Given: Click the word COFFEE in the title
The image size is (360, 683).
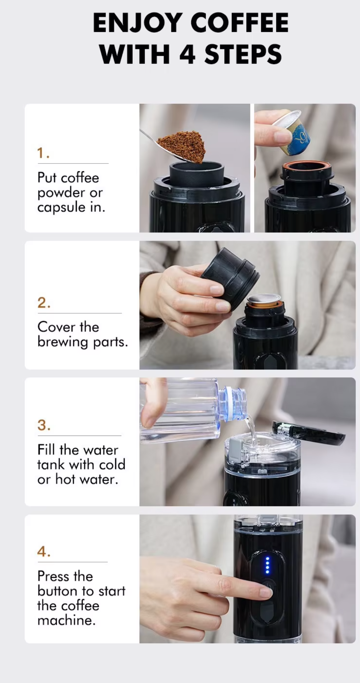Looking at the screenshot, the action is [x=239, y=23].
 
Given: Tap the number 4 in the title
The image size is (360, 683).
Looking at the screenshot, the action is [x=187, y=54].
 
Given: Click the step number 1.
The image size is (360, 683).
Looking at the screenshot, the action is [x=43, y=153].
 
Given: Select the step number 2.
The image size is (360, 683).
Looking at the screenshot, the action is [x=44, y=303].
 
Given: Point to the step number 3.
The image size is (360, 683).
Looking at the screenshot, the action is [x=44, y=425].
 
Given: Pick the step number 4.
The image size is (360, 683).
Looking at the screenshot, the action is [x=44, y=551].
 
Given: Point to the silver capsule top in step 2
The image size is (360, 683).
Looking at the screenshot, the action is [x=264, y=299].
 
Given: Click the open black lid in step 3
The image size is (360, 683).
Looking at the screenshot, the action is [x=309, y=433].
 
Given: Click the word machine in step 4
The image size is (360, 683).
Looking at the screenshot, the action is [x=67, y=620].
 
